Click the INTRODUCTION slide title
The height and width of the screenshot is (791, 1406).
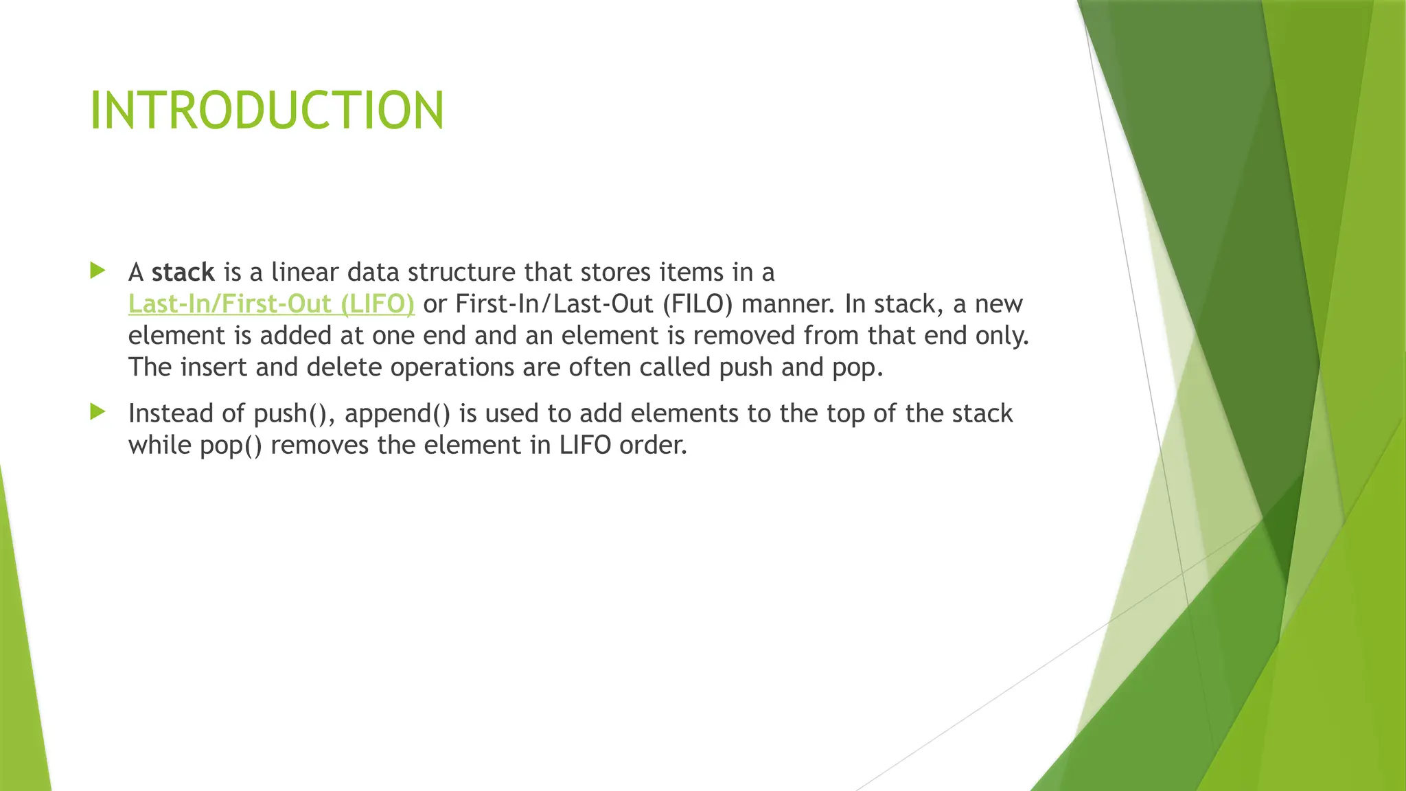point(267,111)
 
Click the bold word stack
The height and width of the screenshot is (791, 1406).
point(183,273)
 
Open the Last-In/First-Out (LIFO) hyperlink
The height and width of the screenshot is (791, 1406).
point(271,304)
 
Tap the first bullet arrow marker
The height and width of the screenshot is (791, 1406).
point(97,271)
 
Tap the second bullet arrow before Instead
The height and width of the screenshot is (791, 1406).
point(97,412)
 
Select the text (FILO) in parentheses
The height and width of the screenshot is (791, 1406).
point(698,304)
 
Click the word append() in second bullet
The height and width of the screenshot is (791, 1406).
point(397,414)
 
